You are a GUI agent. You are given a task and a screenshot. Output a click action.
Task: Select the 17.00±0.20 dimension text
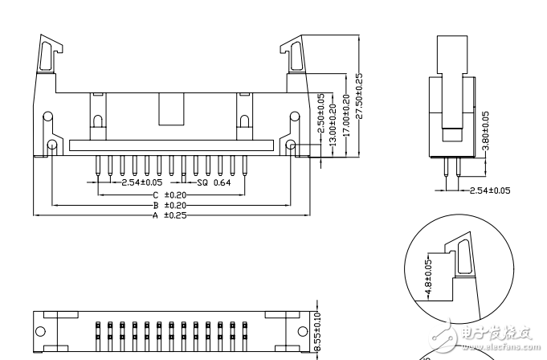346,115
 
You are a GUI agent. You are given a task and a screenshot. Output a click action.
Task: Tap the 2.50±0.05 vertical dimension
320,113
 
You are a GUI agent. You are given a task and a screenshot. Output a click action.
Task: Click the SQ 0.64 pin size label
214,183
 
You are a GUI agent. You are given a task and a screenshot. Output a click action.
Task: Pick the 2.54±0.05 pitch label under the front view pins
142,183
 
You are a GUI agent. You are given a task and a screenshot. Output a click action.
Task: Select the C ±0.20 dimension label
169,195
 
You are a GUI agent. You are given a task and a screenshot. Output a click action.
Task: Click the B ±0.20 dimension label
169,205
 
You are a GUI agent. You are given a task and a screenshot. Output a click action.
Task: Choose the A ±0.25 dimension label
169,215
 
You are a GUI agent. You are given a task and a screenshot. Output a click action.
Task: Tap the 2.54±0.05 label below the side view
490,190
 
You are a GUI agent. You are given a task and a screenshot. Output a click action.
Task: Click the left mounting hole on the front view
53,145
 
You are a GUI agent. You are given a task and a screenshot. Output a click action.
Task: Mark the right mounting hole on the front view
292,145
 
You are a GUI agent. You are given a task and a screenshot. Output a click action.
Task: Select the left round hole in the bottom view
40,331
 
